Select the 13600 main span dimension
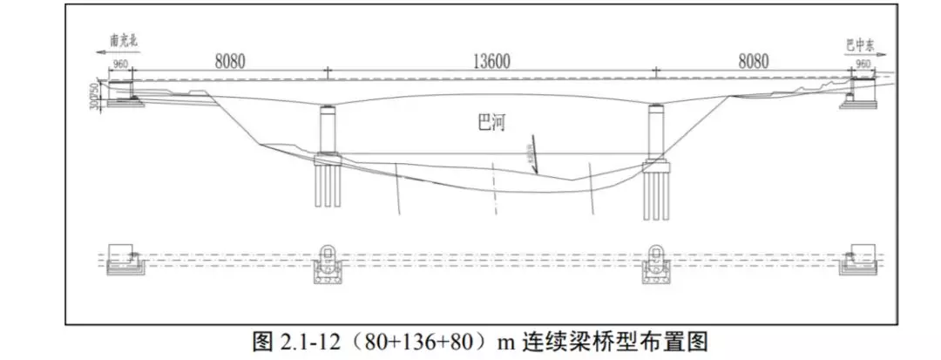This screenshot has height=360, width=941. [492, 62]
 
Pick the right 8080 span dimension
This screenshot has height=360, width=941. [754, 61]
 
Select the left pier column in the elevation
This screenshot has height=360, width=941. [328, 131]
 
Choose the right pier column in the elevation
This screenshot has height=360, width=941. [655, 132]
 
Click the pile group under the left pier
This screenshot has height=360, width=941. [328, 187]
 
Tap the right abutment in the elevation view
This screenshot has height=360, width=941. [859, 92]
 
